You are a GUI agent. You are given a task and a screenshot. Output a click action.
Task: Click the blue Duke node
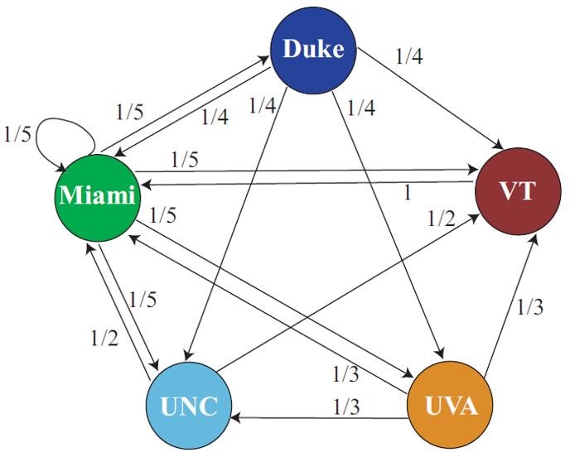313,50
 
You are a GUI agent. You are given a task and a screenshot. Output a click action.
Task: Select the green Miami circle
96,196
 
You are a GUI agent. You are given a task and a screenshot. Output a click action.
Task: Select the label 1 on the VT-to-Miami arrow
406,193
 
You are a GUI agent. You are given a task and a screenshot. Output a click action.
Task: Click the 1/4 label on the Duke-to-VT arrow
411,56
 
